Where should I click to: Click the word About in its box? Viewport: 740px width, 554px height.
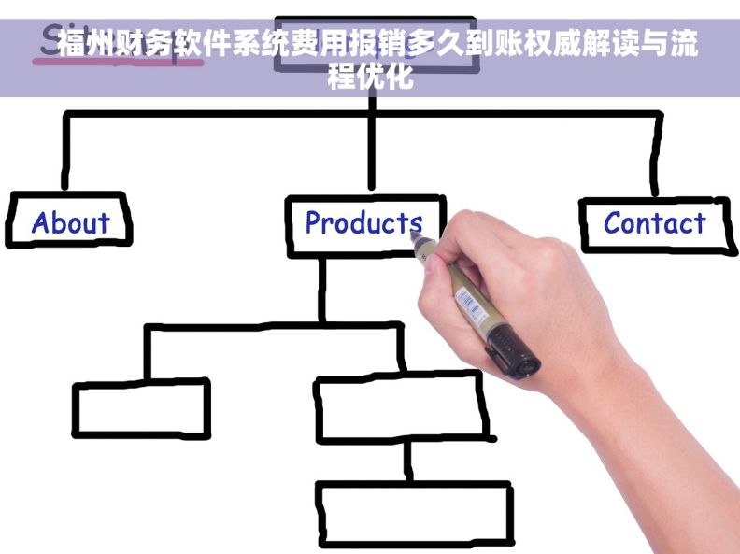coord(70,222)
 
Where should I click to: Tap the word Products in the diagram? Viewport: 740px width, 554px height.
coord(363,222)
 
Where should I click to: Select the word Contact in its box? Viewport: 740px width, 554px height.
coord(654,223)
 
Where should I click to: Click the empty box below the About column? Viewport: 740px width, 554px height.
coord(141,408)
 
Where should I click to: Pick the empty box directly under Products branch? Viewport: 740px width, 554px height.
coord(400,407)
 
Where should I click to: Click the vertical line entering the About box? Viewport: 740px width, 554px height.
coord(65,154)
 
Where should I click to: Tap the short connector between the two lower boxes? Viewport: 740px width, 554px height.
coord(408,460)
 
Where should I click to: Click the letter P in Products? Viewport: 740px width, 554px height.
coord(314,223)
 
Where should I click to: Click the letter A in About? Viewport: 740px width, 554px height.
coord(41,222)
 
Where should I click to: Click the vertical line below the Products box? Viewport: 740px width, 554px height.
coord(322,290)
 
